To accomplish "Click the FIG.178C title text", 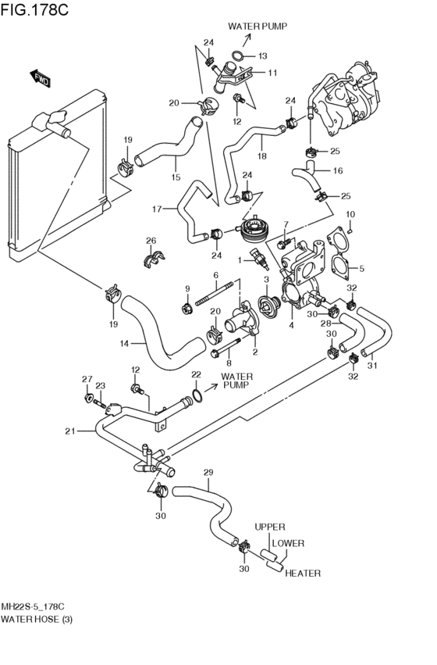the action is pos(34,9).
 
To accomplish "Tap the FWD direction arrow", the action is pos(41,78).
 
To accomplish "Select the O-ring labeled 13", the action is pos(239,55).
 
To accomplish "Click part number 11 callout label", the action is pos(272,73).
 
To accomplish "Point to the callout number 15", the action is pos(176,177).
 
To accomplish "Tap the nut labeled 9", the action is pos(187,309).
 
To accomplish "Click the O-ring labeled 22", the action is pos(197,395).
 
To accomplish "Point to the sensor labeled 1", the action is pos(260,259).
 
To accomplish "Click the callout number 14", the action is pos(124,344).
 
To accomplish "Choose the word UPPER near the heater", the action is pos(270,527).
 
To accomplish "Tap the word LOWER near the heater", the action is pos(288,543).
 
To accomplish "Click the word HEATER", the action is pos(303,574).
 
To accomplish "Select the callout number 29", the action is pos(208,472).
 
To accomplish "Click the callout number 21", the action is pos(70,431).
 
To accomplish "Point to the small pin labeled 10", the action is pos(350,231).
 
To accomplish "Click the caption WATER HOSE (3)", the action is pos(37,619).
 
